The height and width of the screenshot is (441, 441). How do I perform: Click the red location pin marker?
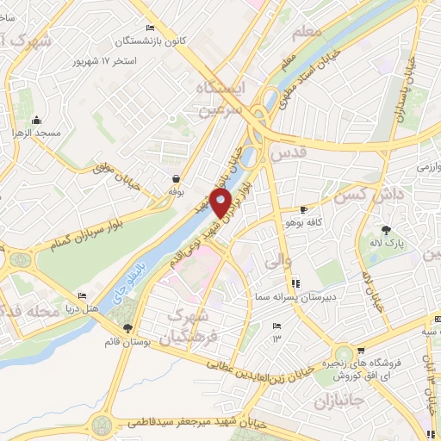tap(220, 202)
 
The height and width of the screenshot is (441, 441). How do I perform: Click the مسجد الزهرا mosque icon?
tap(36, 120)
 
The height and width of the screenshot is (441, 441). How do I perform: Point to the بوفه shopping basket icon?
tap(176, 178)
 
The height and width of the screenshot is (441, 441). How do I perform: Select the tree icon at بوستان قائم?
tap(127, 328)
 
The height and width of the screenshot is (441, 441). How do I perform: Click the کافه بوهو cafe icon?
tap(303, 209)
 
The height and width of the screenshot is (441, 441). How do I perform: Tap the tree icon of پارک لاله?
tap(387, 230)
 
